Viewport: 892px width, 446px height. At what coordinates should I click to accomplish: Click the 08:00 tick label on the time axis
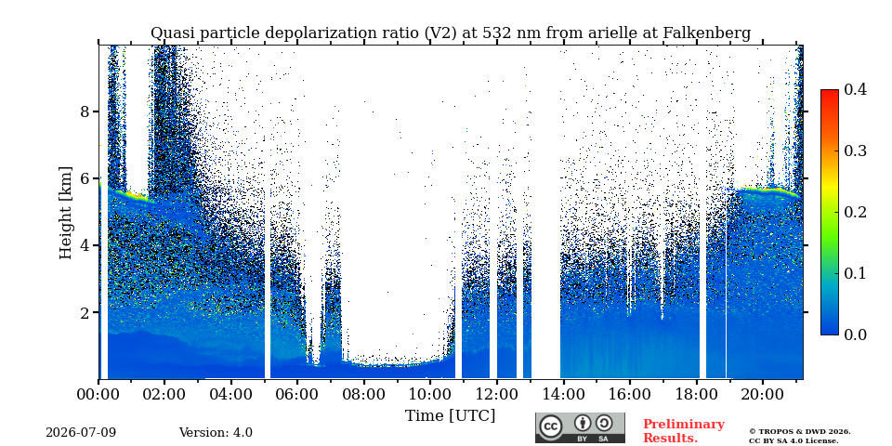364,394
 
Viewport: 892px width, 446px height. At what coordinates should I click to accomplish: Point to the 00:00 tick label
98,394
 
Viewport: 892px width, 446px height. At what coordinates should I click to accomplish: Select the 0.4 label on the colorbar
855,89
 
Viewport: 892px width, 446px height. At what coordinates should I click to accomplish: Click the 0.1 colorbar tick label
855,273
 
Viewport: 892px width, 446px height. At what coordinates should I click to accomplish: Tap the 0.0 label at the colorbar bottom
855,334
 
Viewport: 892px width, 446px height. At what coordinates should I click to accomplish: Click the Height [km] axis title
66,213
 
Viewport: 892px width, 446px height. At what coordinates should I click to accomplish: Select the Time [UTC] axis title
450,416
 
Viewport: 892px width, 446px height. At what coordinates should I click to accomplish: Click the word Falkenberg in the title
706,33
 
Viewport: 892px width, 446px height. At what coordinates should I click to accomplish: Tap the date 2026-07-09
81,433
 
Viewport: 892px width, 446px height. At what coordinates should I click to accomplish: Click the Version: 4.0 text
216,433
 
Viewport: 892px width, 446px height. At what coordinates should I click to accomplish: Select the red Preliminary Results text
684,430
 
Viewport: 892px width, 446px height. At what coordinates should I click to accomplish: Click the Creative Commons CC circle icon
550,426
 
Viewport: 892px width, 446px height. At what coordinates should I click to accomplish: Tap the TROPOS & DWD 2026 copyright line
800,432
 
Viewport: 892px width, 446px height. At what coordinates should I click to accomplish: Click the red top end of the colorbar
830,93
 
